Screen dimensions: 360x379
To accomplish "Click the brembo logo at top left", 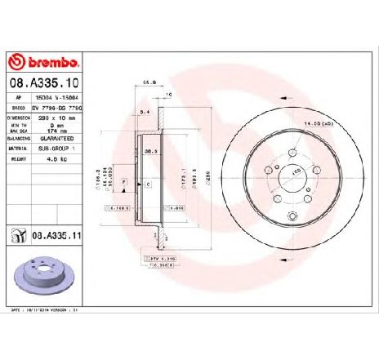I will click(x=42, y=63).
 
